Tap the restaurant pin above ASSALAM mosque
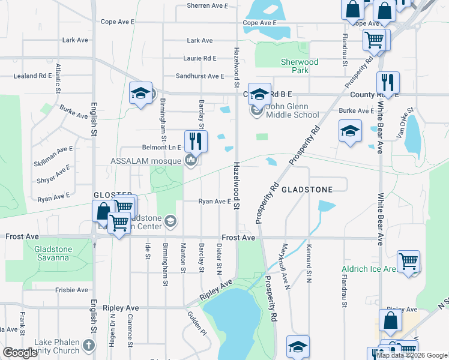[x=195, y=141]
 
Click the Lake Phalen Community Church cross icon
[x=89, y=345]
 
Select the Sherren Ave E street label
[x=208, y=5]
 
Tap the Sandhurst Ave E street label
[x=199, y=77]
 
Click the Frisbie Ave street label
[x=71, y=290]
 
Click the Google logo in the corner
[x=20, y=353]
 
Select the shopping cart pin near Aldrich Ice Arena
[x=408, y=262]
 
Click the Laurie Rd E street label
[x=200, y=58]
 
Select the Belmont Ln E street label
[x=161, y=147]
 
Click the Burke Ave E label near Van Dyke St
[x=357, y=111]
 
